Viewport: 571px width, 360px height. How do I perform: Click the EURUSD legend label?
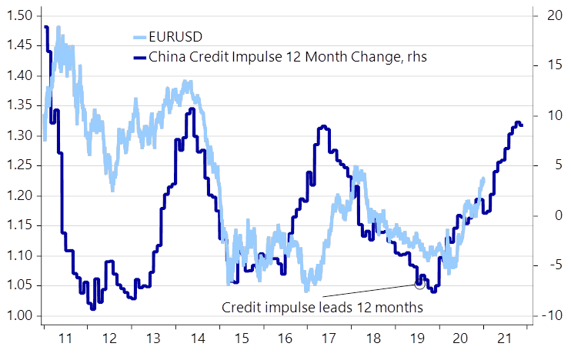coord(175,37)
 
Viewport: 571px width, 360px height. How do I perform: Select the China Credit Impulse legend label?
coord(288,57)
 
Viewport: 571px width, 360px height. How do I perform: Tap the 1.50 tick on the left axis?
coord(20,15)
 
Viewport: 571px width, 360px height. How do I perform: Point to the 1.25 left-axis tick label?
coord(20,165)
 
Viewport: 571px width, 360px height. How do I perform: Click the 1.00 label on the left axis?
coord(20,315)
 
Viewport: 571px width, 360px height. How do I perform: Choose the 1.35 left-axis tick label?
coord(20,105)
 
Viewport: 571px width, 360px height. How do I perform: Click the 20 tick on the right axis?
coord(555,15)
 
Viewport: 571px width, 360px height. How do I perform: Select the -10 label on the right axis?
coord(552,315)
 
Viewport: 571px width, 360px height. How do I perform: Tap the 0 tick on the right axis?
coord(559,215)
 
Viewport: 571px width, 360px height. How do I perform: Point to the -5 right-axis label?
coord(554,265)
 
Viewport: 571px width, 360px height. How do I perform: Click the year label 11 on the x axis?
coord(65,338)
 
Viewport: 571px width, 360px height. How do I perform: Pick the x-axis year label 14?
coord(198,338)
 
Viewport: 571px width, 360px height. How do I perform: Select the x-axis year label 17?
coord(329,338)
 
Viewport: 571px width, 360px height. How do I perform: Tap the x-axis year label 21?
coord(505,338)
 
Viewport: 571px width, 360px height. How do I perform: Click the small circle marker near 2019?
coord(420,285)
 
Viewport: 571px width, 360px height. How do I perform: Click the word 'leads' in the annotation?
coord(336,307)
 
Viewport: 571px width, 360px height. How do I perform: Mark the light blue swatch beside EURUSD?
coord(140,37)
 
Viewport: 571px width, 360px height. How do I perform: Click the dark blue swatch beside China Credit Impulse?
coord(140,57)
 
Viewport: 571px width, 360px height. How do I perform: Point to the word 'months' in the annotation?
coord(399,308)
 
